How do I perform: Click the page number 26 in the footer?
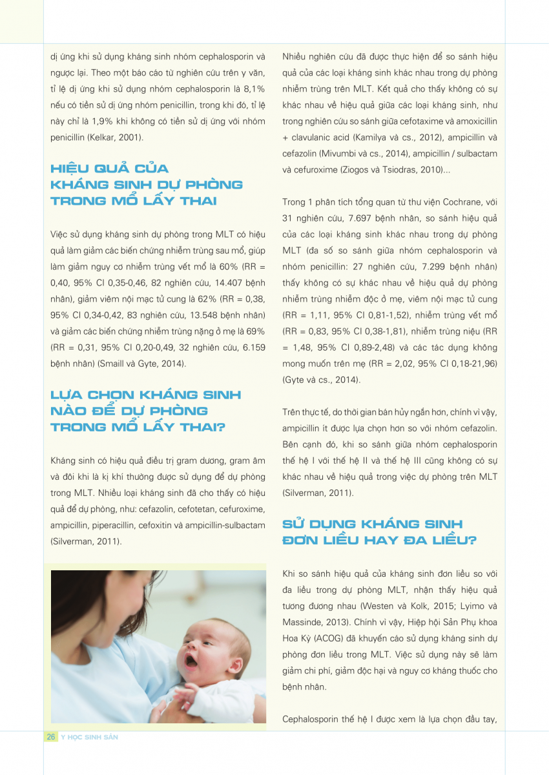pyautogui.click(x=50, y=737)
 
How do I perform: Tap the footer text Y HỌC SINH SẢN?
pyautogui.click(x=89, y=737)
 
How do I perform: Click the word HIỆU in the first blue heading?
pyautogui.click(x=71, y=169)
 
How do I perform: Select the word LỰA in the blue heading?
pyautogui.click(x=67, y=395)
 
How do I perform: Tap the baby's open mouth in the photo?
pyautogui.click(x=191, y=661)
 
